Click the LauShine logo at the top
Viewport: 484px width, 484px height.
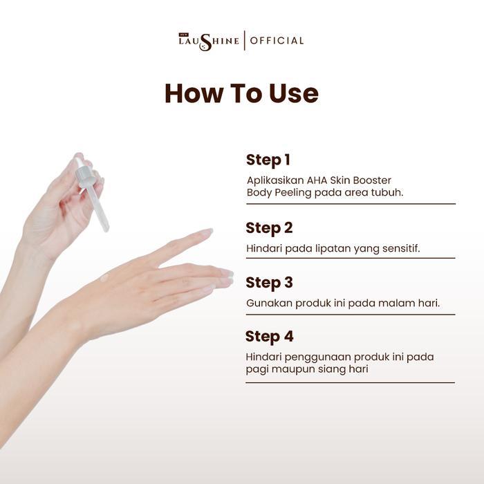tap(208, 41)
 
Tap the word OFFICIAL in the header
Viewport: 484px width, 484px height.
tap(277, 41)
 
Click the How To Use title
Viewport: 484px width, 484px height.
tap(241, 93)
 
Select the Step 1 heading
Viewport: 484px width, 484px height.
tap(268, 160)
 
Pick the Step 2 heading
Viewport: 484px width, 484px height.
tap(269, 228)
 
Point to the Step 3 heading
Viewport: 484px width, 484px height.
tap(269, 283)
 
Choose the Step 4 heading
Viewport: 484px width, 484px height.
tap(269, 337)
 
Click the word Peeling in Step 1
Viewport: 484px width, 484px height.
tap(292, 193)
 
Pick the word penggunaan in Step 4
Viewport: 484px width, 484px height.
tap(311, 357)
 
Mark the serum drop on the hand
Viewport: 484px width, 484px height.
tap(104, 278)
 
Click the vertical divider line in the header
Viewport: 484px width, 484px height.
tap(244, 41)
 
